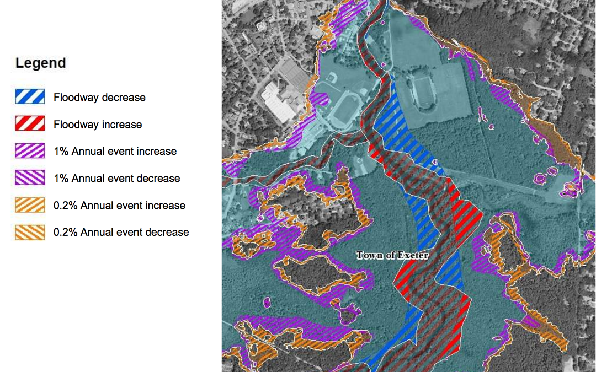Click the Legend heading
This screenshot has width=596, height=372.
40,63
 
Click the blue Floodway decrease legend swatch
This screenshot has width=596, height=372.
30,98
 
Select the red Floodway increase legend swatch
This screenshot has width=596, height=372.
30,125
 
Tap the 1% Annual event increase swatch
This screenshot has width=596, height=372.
30,152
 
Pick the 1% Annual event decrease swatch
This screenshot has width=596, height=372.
30,179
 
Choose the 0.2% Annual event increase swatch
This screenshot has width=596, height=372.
30,206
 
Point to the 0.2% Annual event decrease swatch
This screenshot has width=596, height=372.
30,233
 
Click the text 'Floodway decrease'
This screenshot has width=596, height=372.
99,98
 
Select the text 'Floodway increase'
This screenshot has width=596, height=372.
98,125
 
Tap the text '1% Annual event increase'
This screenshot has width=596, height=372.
115,152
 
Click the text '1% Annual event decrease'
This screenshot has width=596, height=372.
116,179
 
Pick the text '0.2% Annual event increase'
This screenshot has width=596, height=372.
119,206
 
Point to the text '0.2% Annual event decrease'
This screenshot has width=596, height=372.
121,233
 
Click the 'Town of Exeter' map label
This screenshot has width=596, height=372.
392,255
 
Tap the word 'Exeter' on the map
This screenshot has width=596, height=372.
411,255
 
